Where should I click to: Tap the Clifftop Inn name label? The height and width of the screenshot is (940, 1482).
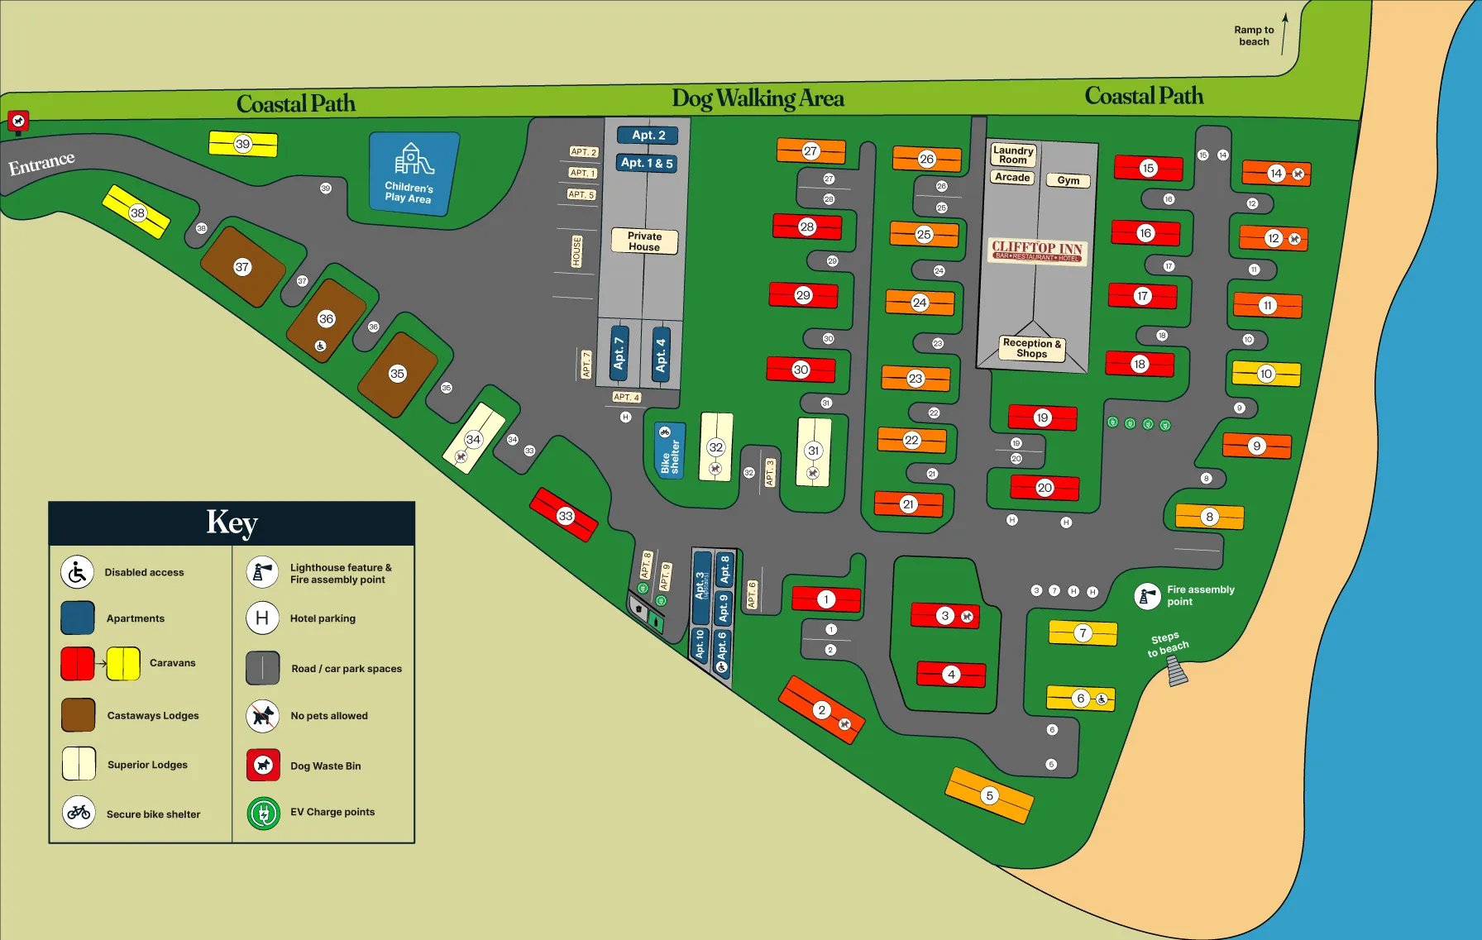point(1037,250)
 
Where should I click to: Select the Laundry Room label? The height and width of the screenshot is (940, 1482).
point(1013,155)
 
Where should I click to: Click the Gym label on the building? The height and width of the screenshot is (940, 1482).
point(1068,180)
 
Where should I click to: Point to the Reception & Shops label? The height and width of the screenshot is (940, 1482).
point(1031,348)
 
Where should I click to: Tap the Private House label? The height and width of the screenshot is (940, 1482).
point(644,241)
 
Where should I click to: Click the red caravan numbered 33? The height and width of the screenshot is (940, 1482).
point(564,515)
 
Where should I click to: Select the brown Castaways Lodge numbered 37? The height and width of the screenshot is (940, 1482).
point(242,266)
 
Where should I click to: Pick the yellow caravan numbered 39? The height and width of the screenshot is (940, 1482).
point(243,144)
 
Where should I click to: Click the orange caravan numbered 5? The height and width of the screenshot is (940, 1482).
point(989,795)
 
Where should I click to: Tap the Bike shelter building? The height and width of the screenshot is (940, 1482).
point(669,451)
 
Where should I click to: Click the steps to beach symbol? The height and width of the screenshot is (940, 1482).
point(1177,670)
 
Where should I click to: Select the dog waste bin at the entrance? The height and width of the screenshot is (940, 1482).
point(18,122)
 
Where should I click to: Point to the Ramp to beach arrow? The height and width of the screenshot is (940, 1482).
point(1284,33)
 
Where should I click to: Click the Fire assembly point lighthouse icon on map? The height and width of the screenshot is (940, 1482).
point(1147,595)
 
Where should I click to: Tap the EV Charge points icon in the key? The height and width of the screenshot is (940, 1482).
point(264,814)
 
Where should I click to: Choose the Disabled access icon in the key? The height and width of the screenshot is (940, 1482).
point(78,572)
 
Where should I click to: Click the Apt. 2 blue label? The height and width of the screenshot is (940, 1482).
point(648,135)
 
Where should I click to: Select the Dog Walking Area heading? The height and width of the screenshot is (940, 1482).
point(758,98)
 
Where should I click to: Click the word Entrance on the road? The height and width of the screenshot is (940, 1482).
point(41,162)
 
